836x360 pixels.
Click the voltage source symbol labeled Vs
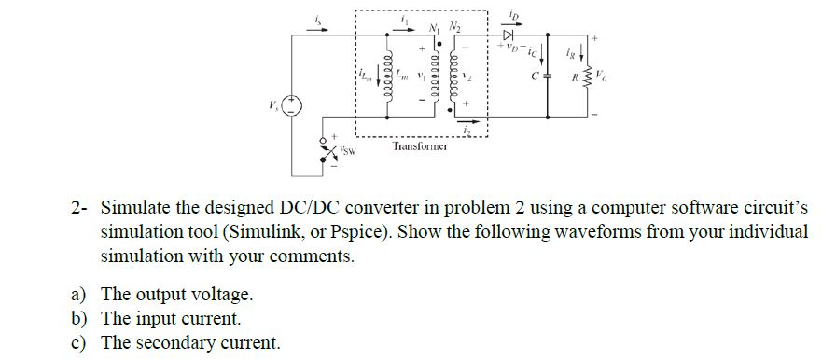click(293, 105)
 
